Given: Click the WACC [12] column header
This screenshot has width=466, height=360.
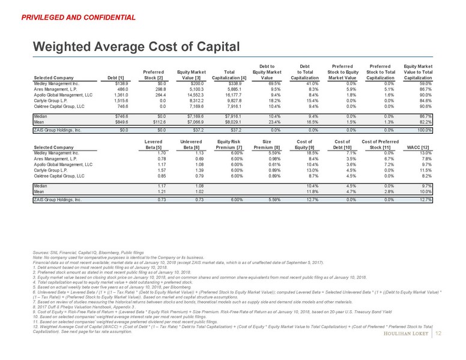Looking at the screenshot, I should point(419,148).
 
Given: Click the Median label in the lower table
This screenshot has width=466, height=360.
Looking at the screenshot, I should point(41,187).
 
